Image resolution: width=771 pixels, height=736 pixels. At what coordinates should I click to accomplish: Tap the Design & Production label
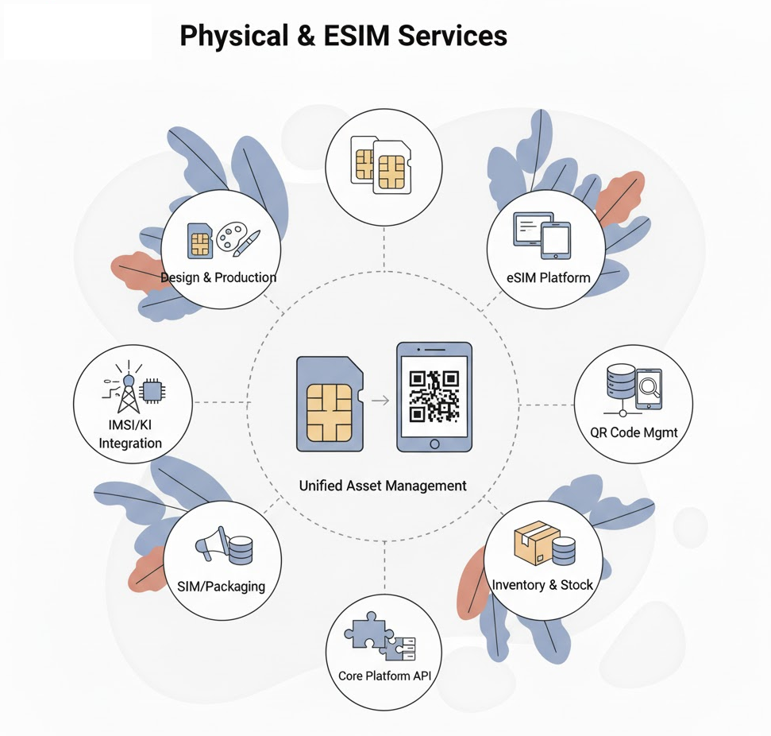218,277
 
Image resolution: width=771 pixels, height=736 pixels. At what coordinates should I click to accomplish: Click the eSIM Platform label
549,277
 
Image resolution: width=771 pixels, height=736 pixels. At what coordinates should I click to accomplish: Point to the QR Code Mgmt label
634,433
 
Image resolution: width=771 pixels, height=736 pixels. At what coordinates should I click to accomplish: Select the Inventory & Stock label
542,585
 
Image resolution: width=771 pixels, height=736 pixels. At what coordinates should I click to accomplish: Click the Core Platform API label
384,676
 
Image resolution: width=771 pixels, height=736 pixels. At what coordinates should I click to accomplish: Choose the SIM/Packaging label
222,587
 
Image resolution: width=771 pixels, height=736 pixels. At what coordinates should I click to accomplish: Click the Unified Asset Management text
383,485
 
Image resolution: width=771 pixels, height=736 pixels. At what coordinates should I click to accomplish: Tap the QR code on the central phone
434,396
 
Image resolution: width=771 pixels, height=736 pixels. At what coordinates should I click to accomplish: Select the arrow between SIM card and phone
380,399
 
